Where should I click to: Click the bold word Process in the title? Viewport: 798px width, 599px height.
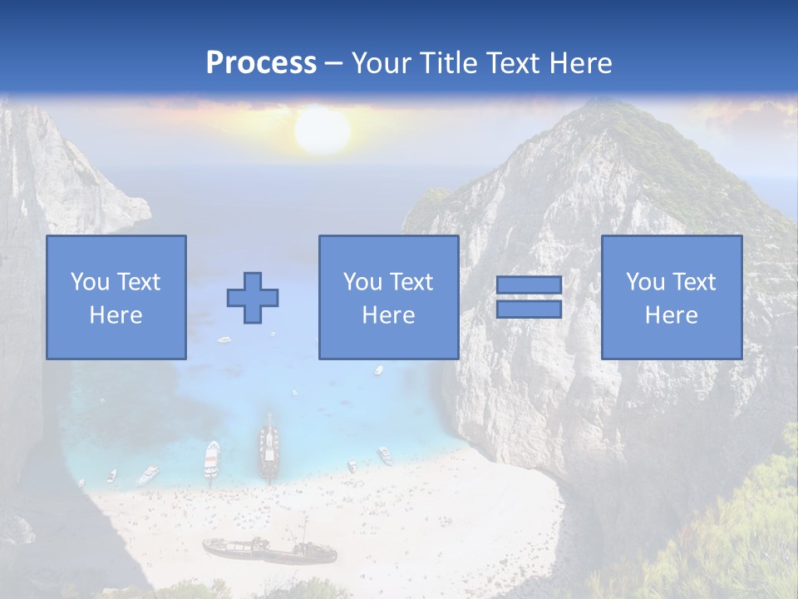coord(261,63)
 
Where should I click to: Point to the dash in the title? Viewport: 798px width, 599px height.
coord(334,64)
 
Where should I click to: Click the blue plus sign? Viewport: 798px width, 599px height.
coord(253,297)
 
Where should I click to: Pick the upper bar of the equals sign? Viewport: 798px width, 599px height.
coord(529,285)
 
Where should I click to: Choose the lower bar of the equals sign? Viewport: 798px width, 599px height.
coord(529,309)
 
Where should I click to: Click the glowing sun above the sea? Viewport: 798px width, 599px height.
coord(322,131)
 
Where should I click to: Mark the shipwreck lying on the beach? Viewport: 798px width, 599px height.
coord(268,550)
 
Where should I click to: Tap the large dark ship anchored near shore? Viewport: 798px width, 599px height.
coord(268,449)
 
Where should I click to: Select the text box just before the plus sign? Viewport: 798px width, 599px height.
coord(116,297)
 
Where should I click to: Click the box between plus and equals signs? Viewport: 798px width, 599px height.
coord(389,297)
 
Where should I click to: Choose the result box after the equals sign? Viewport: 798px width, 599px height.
coord(672,297)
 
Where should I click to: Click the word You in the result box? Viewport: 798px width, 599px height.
coord(643,282)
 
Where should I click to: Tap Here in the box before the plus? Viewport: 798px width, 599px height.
coord(116,315)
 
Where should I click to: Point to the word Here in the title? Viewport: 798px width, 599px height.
coord(580,63)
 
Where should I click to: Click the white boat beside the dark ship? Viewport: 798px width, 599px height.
coord(212,458)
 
